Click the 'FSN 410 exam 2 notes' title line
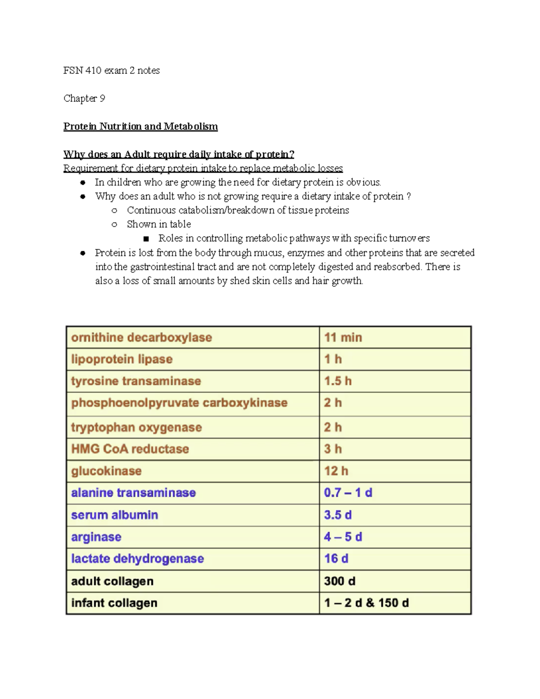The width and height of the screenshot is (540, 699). pos(112,70)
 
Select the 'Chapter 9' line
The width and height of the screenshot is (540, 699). pos(84,98)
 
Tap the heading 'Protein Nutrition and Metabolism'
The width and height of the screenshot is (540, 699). pos(140,126)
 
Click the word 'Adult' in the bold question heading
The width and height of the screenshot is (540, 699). pos(137,154)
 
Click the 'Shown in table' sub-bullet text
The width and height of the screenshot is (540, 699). pos(159,224)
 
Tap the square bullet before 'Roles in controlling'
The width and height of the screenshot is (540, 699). pos(146,239)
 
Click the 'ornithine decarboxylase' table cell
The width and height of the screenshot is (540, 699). pos(141,338)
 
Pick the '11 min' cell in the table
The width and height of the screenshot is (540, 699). pos(343,338)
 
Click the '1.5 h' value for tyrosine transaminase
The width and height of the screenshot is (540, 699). pos(337,381)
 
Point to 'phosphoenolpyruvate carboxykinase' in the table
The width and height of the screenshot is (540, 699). pos(179,403)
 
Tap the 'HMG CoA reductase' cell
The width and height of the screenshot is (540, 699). pos(130,449)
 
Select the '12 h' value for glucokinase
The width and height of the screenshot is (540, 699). pos(336,471)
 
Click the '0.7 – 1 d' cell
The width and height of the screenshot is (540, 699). pos(348,493)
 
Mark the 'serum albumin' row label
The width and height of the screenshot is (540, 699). pos(115,515)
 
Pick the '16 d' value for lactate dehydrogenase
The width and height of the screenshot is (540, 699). pos(336,559)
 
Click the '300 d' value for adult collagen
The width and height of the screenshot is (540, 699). pos(340,581)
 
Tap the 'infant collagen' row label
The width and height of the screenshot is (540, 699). pos(114,603)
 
